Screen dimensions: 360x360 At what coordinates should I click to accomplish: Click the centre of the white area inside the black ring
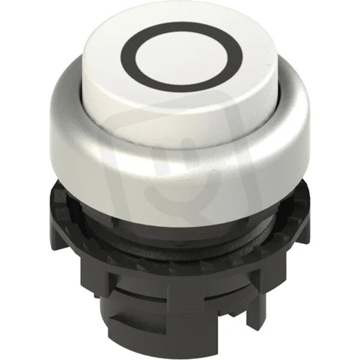(x=181, y=57)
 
